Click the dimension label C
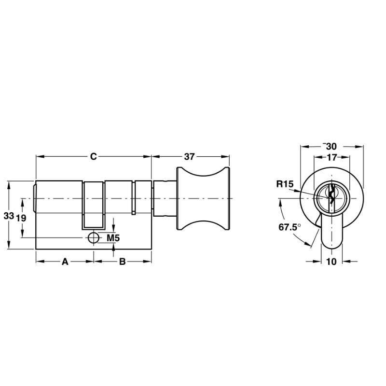click(94, 156)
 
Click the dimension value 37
click(190, 156)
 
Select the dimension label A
click(65, 262)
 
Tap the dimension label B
click(123, 262)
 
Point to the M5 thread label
click(112, 237)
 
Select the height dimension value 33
click(8, 217)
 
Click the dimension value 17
click(331, 157)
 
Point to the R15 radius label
click(285, 183)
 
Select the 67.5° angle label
click(289, 226)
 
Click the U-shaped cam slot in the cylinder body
click(94, 205)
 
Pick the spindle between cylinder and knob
click(164, 199)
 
